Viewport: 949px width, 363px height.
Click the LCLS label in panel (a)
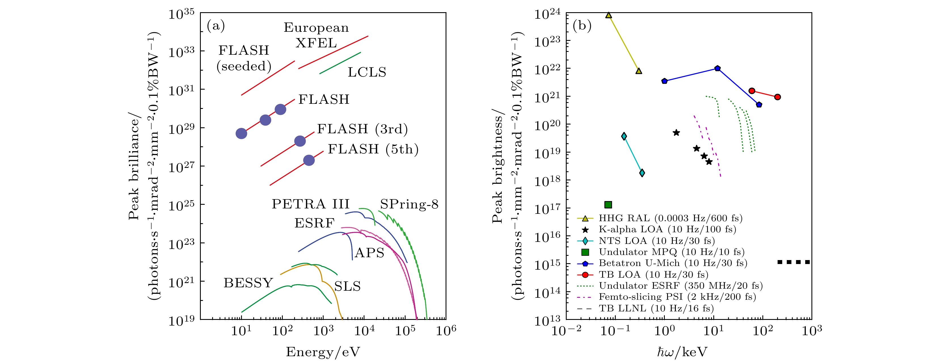[367, 72]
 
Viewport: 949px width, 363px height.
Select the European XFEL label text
[316, 35]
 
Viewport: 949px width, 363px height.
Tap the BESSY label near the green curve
[248, 283]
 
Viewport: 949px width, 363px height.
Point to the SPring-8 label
[409, 204]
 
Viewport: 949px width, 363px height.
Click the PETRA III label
[310, 204]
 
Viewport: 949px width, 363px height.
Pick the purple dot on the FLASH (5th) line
[309, 160]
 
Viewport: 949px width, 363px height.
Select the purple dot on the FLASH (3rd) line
[300, 141]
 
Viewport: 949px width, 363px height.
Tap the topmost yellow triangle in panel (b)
[609, 15]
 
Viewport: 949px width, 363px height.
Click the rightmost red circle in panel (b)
[777, 97]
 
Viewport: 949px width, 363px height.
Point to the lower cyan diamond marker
[642, 173]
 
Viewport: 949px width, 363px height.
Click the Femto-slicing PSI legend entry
[677, 297]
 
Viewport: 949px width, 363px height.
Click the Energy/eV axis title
[323, 352]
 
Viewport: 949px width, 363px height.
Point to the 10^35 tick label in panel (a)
[181, 14]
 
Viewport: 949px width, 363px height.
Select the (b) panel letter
[582, 26]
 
